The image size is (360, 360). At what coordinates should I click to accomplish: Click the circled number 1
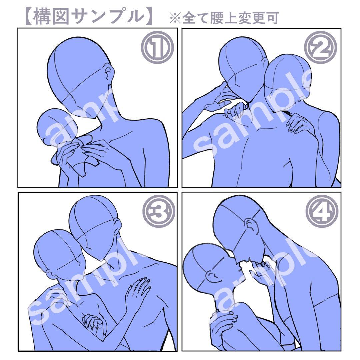(157, 48)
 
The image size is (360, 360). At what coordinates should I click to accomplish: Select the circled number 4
(322, 211)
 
